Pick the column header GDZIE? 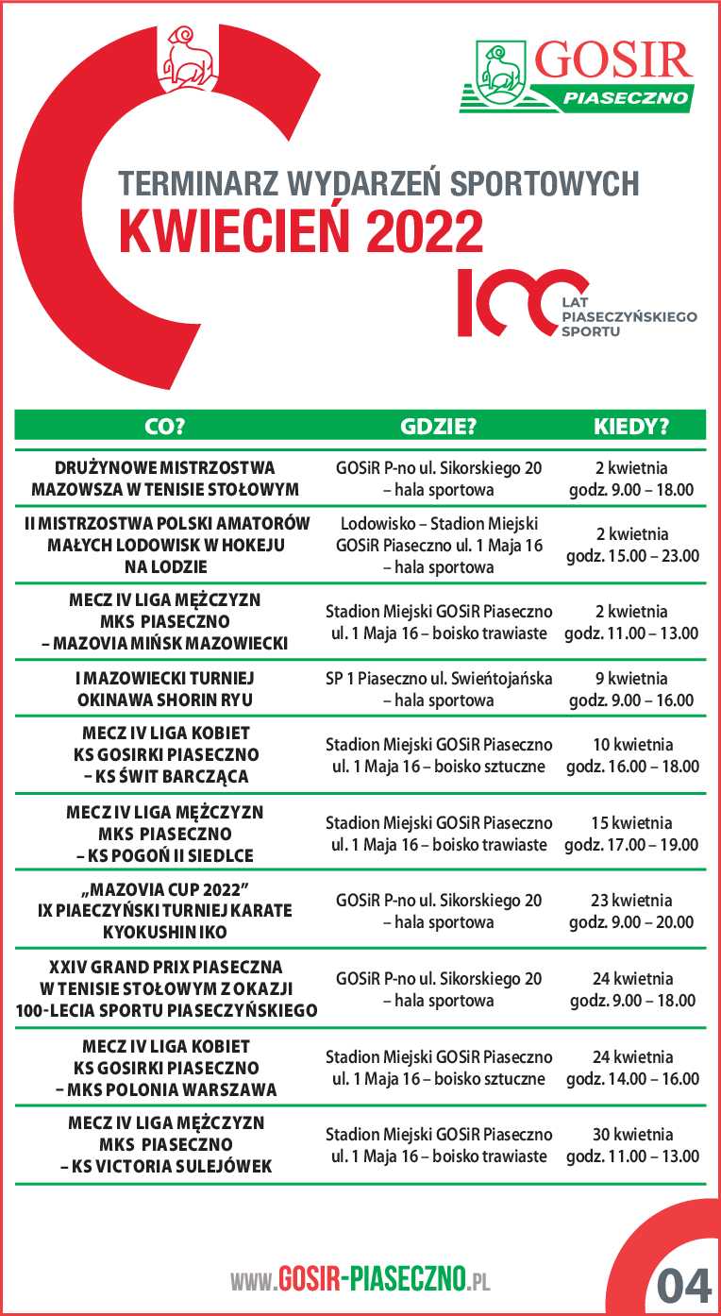coord(439,426)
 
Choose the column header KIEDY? coord(631,426)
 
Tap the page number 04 coord(683,1284)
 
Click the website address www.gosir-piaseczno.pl coord(360,1280)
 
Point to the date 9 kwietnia coord(631,679)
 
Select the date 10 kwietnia coord(632,744)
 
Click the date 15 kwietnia coord(632,823)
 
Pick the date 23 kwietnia coord(632,901)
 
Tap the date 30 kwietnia coord(632,1134)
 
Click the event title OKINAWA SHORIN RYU coord(166,700)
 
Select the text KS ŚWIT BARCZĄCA coord(166,777)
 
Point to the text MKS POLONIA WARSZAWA coord(166,1090)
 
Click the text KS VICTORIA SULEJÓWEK coord(166,1167)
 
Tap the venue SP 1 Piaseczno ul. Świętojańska coord(439,679)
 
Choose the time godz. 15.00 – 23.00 coord(632,556)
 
